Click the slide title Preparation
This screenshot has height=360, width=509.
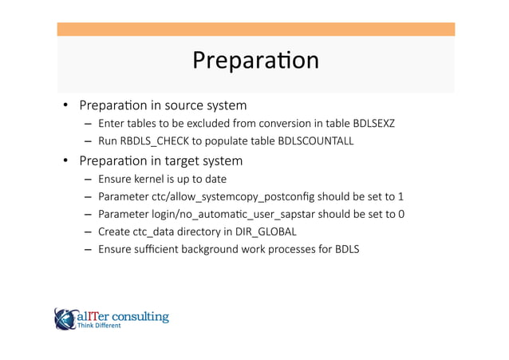(255, 61)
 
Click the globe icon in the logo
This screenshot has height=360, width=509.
(64, 318)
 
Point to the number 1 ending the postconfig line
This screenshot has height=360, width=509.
(400, 196)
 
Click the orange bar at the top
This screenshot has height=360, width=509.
(255, 29)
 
